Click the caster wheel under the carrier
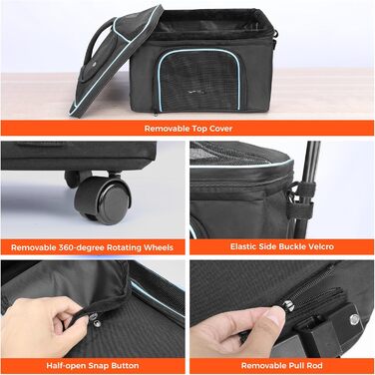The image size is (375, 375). point(103,199)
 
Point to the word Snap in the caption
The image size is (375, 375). point(99,366)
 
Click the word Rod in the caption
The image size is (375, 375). point(314,366)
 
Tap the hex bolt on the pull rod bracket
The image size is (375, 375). point(355,318)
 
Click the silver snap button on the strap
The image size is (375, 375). point(95,320)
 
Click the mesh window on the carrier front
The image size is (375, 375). point(199,81)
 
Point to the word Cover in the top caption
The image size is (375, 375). point(221,129)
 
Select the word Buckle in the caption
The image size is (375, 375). point(288,246)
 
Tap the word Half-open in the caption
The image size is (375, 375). point(66,366)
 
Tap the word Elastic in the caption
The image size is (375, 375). point(242,246)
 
